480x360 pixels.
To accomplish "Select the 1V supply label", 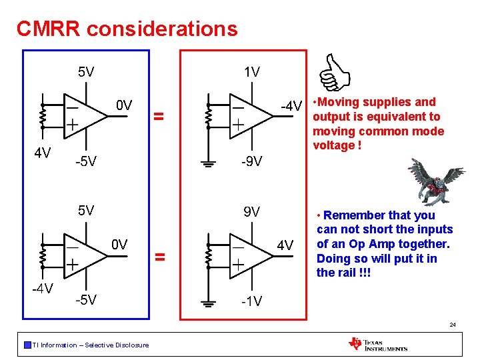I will (x=251, y=72).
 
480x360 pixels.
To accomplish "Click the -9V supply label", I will (x=251, y=161).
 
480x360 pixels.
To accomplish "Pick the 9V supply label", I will (x=251, y=212).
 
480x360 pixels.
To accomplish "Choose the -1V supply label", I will (x=251, y=301).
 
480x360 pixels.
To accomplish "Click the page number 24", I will (x=453, y=325).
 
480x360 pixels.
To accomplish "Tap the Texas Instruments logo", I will (x=378, y=344).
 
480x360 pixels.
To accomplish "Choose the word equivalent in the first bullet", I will (x=383, y=117).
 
